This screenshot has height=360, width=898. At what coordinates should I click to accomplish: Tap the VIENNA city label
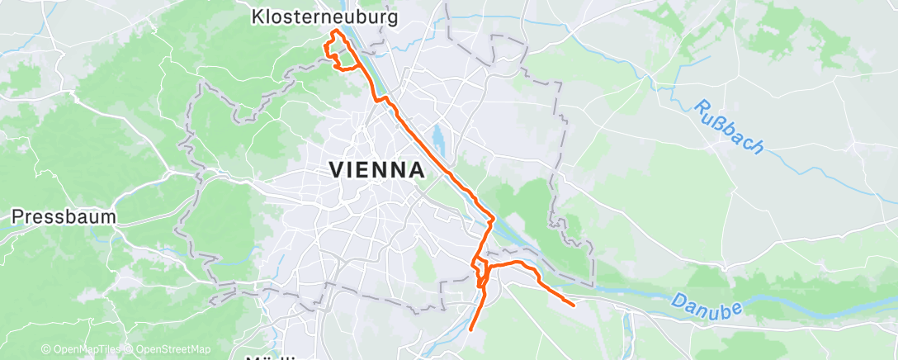click(x=377, y=170)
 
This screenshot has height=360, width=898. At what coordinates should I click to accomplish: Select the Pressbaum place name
click(x=64, y=217)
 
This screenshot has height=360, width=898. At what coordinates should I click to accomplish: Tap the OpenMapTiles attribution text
click(x=83, y=349)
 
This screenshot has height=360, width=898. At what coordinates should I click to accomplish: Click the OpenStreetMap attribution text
click(x=173, y=349)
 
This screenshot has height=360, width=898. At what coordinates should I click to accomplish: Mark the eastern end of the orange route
click(x=574, y=305)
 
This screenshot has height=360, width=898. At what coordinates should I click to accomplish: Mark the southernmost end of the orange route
click(x=470, y=329)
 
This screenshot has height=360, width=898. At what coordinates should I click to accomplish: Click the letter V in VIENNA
click(x=337, y=170)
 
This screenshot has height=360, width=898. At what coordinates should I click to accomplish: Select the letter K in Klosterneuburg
click(x=257, y=16)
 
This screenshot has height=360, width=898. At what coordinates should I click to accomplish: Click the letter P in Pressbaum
click(x=17, y=217)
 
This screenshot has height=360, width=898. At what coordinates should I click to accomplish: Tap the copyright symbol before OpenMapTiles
click(x=45, y=349)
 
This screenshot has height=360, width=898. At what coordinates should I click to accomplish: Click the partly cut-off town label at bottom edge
click(x=272, y=358)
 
